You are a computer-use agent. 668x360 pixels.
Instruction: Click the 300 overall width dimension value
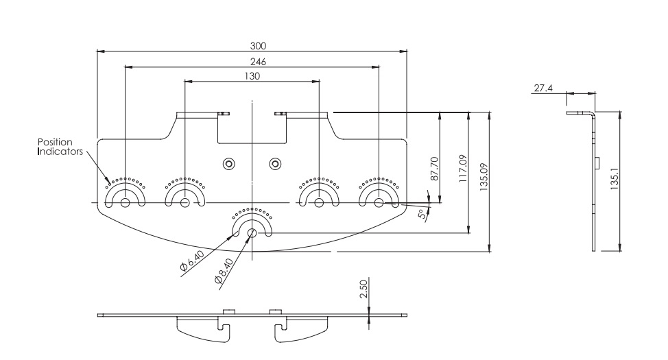pyautogui.click(x=259, y=45)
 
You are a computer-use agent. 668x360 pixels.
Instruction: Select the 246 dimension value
pyautogui.click(x=259, y=62)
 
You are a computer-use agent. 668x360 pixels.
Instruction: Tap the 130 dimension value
pyautogui.click(x=252, y=77)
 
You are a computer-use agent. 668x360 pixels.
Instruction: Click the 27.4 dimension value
pyautogui.click(x=542, y=88)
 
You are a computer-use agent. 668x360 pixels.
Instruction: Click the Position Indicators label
pyautogui.click(x=60, y=147)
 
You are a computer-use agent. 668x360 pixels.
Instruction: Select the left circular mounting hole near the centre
pyautogui.click(x=229, y=163)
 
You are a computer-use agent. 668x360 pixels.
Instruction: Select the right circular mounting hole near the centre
pyautogui.click(x=275, y=163)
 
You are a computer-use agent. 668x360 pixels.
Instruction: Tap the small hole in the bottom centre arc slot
pyautogui.click(x=252, y=232)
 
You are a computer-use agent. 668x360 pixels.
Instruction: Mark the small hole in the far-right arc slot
pyautogui.click(x=379, y=202)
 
